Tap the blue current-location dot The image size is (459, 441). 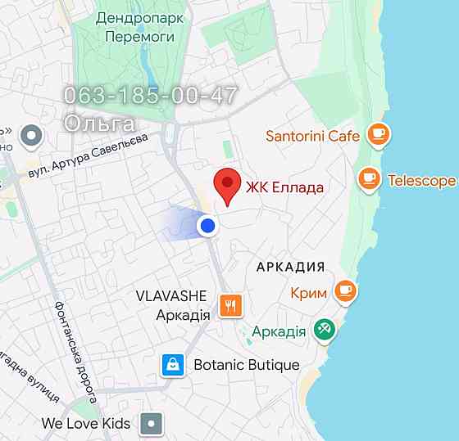pos(208,225)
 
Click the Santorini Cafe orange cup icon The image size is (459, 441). pos(377,134)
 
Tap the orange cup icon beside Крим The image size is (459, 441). pos(346,290)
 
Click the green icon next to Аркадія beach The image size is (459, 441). pos(325,330)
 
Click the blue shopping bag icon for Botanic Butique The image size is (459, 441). pos(172,364)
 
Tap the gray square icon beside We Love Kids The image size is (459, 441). pos(152,424)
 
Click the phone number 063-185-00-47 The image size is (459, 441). pos(151,95)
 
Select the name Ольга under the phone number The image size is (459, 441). pos(99,124)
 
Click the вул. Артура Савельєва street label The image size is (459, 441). pos(88,156)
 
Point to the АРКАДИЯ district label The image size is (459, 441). pos(290,267)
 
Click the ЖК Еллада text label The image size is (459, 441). pos(284,187)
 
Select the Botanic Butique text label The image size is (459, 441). pos(247,365)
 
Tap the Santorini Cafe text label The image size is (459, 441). pos(312,136)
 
